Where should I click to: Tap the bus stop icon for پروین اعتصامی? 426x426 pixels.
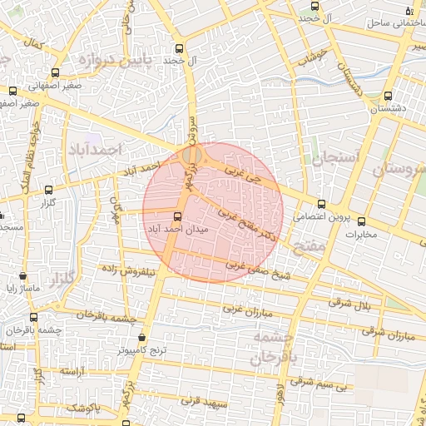[x=322, y=204]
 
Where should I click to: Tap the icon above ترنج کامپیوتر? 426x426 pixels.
[x=141, y=338]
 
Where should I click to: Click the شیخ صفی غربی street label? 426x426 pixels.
[x=235, y=264]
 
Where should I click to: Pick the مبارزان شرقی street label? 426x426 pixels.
[x=389, y=334]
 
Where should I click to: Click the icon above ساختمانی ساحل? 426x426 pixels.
[x=409, y=11]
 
